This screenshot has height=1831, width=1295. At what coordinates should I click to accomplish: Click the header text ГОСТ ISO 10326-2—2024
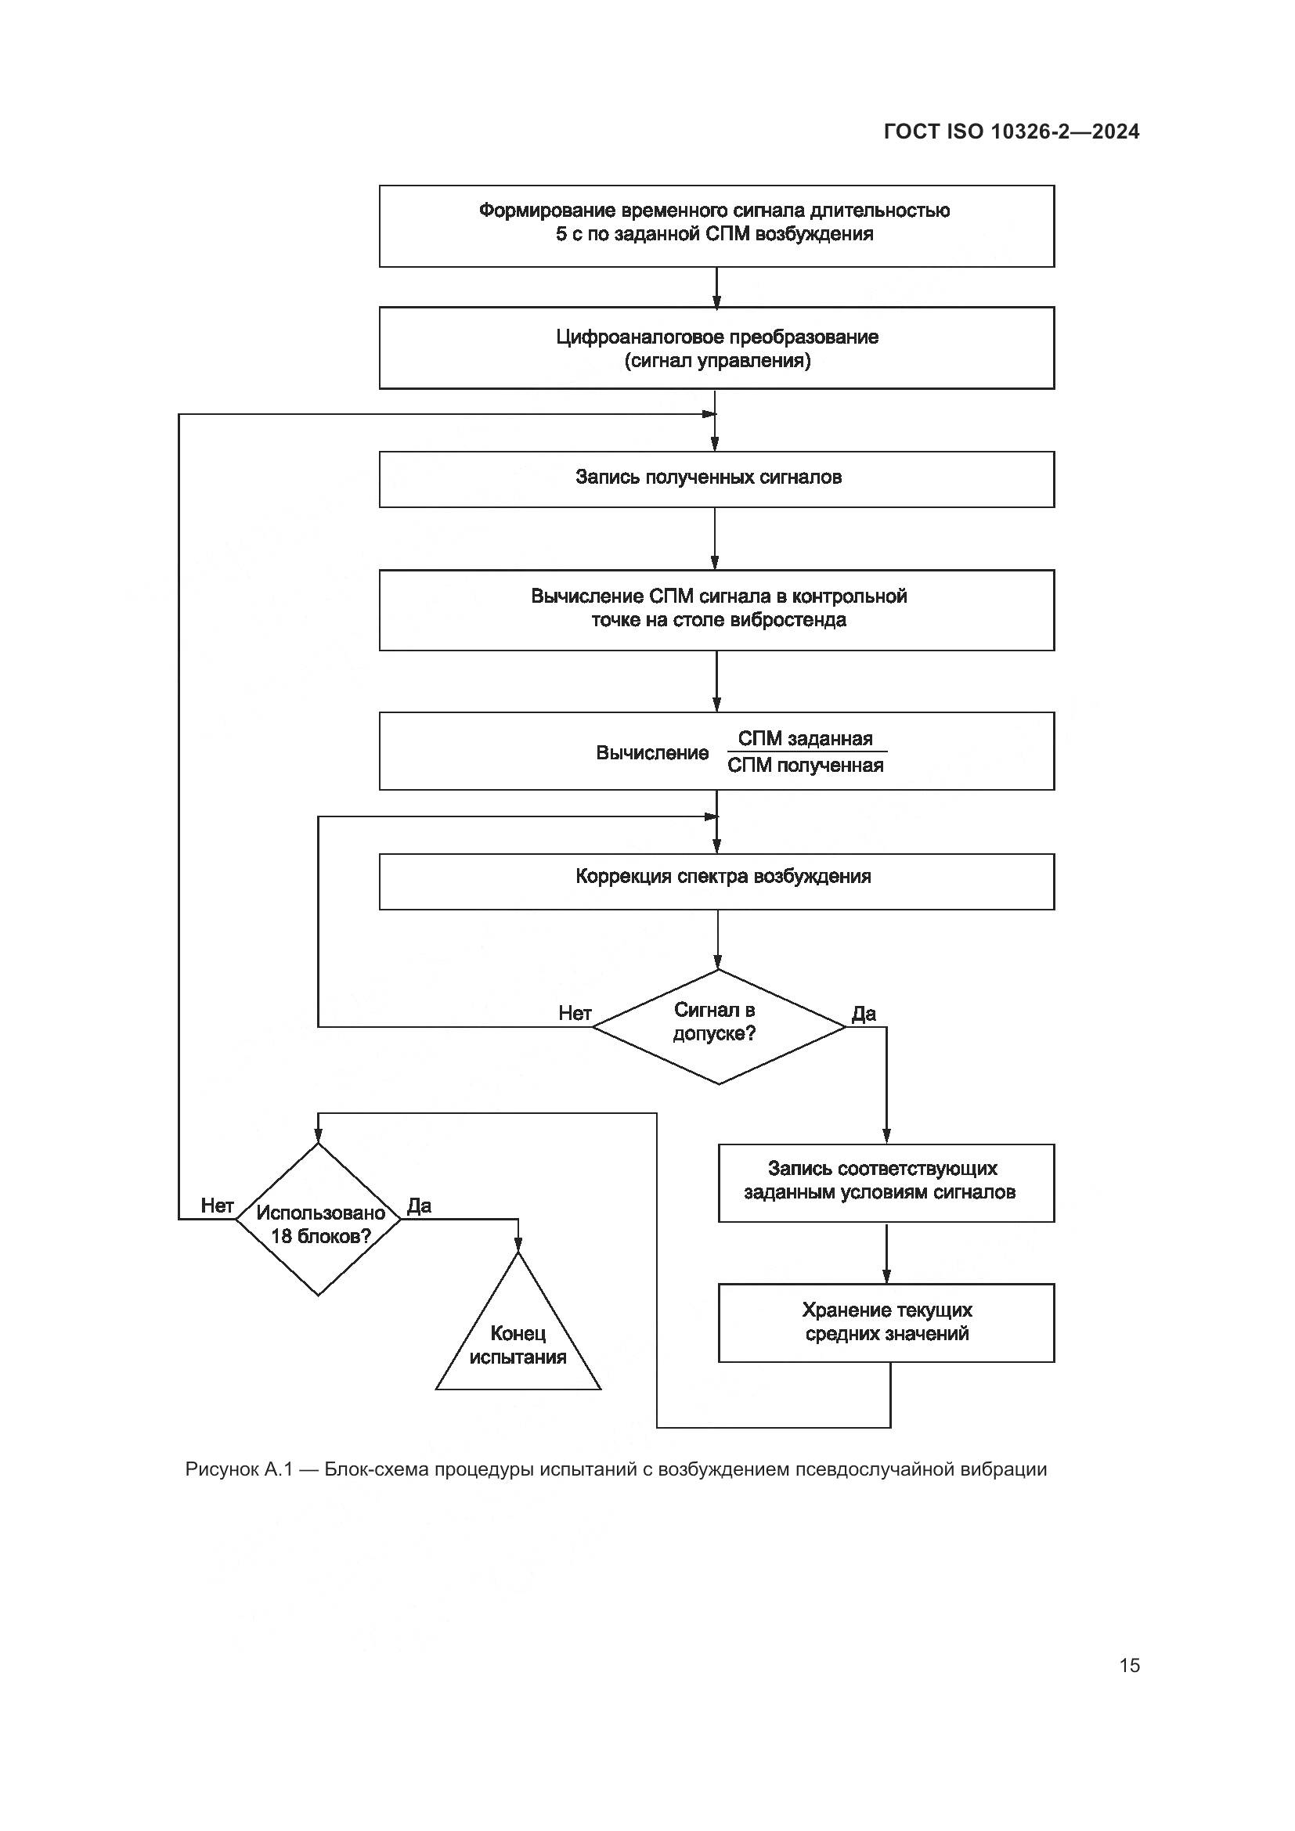coord(1011,132)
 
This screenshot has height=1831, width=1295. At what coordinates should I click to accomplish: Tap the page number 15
coord(1129,1665)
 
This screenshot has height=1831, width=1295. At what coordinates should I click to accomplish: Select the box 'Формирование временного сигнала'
coord(716,225)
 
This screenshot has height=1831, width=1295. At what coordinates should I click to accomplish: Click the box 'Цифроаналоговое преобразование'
coord(716,348)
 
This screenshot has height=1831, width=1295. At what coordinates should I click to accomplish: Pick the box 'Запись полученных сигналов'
coord(716,478)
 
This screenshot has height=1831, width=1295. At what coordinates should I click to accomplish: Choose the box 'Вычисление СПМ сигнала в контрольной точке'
coord(716,609)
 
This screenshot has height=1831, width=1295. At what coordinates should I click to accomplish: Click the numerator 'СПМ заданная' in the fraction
coord(805,738)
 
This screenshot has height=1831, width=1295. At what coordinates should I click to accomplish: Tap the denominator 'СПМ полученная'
coord(805,766)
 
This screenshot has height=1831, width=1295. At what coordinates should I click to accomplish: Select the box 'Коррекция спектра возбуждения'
coord(716,881)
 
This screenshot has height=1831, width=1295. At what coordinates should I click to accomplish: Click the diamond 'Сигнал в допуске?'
coord(718,1026)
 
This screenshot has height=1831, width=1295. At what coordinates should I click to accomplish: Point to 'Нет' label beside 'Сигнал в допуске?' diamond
coord(574,1013)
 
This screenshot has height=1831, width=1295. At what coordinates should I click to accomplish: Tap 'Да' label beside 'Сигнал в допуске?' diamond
coord(864,1013)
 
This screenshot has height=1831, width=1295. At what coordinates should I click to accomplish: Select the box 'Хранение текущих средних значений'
coord(886,1322)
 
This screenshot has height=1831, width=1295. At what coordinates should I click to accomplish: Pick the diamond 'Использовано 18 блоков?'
coord(317,1219)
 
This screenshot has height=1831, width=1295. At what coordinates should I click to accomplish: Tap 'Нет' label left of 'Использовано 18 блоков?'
coord(217,1205)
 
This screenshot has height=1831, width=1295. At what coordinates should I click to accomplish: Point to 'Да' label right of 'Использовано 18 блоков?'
coord(420,1205)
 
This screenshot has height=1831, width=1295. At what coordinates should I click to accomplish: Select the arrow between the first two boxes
coord(716,287)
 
